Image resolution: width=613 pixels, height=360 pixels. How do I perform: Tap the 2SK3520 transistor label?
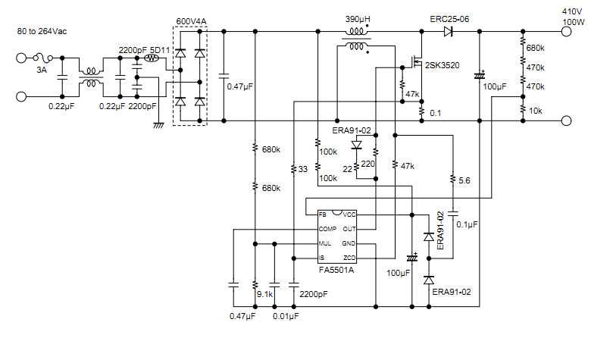[x=443, y=66]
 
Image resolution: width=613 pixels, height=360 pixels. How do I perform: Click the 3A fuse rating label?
[x=41, y=70]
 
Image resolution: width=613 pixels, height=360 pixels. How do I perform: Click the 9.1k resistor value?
[x=265, y=293]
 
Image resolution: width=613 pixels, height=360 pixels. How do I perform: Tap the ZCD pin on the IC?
[x=349, y=258]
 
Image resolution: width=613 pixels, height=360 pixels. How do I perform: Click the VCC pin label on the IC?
[x=349, y=214]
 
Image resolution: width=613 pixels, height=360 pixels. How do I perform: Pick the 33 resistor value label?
[x=302, y=169]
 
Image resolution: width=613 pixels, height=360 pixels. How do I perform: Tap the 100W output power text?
[x=571, y=24]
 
